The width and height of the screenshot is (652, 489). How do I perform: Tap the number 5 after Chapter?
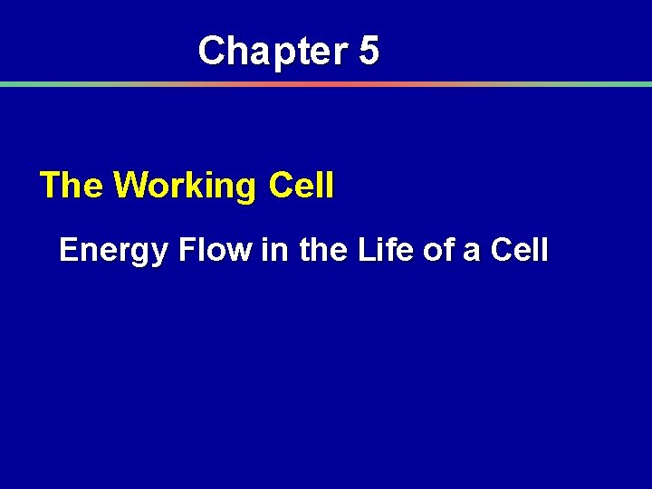(x=369, y=51)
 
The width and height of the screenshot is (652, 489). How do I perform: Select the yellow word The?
(x=72, y=186)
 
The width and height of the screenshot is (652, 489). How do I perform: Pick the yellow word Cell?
(x=301, y=186)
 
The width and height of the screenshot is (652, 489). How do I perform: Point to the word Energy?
(x=113, y=251)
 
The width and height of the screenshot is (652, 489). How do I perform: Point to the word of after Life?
(x=437, y=249)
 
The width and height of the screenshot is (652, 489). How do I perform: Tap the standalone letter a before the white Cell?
(x=472, y=251)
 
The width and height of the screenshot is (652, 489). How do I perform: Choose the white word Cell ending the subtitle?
(x=518, y=249)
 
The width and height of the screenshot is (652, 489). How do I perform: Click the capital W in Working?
(x=129, y=186)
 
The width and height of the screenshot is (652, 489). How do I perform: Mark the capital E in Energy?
(x=69, y=249)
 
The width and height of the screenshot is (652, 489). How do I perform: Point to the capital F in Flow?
(x=187, y=249)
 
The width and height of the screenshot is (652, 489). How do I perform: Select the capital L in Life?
(x=364, y=249)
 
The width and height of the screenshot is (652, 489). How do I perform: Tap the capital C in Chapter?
(x=211, y=51)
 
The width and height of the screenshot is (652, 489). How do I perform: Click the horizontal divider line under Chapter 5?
(x=326, y=84)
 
